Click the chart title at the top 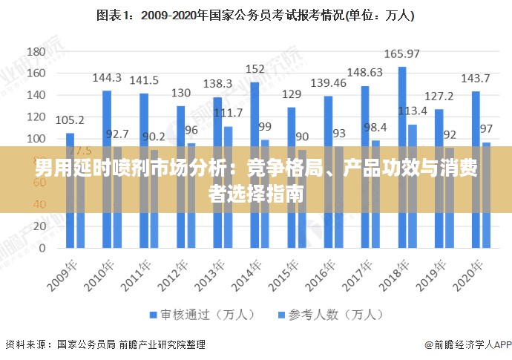tap(255, 14)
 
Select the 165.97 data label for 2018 tap(402, 53)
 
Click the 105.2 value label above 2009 tap(70, 120)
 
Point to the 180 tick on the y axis tap(36, 52)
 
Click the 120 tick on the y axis tap(36, 117)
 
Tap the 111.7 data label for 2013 tap(229, 113)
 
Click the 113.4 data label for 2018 tap(413, 111)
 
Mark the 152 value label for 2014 tap(255, 69)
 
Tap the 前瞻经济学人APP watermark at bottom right tap(468, 345)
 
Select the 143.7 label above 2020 tap(476, 78)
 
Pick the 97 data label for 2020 tap(486, 128)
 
